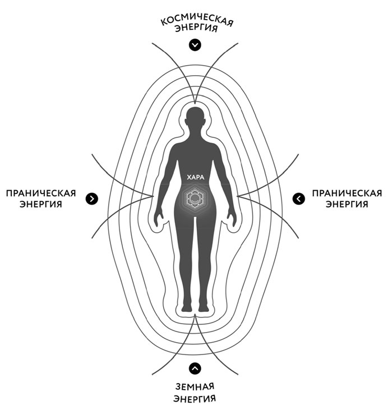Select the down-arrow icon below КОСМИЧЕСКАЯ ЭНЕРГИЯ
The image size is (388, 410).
tap(195, 45)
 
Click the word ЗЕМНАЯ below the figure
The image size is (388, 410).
tap(195, 388)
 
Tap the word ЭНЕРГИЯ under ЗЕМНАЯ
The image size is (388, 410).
tap(195, 399)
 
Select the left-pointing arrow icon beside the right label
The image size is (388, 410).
tap(299, 198)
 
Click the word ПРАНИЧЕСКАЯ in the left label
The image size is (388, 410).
tap(40, 193)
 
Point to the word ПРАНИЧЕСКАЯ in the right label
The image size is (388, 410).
tap(346, 193)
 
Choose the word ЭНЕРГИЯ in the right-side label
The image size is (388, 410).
tap(346, 204)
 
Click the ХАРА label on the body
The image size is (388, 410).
tap(195, 178)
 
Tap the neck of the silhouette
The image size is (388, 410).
tap(195, 136)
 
